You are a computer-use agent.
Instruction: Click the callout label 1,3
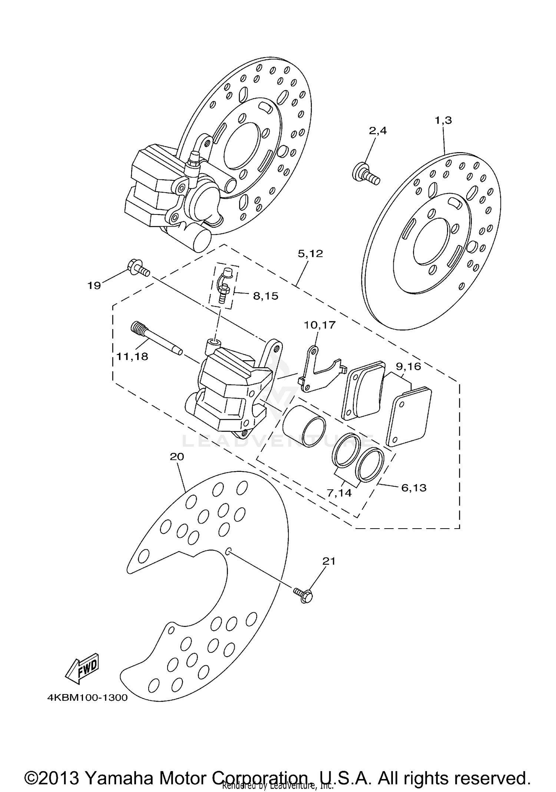pos(443,121)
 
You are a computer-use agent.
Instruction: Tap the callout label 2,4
pos(377,131)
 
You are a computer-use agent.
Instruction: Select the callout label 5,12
pos(310,254)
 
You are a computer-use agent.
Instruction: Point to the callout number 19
pos(94,286)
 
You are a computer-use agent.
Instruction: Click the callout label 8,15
pos(265,296)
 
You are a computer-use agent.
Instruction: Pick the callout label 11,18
pos(132,356)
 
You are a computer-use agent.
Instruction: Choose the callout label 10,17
pos(320,325)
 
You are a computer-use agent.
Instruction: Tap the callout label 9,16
pos(408,367)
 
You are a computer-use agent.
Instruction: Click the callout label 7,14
pos(339,493)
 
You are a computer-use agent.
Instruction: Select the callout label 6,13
pos(414,487)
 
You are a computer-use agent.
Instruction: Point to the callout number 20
pos(177,457)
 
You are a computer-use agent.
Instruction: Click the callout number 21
pos(328,561)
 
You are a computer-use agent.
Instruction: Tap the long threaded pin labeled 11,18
pos(156,338)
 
